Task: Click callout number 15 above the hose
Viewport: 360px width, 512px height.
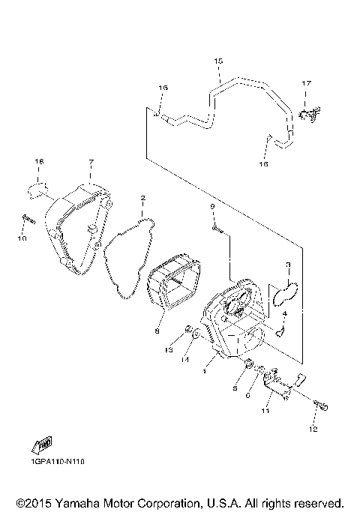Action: point(218,60)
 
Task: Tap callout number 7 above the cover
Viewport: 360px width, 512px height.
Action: point(90,163)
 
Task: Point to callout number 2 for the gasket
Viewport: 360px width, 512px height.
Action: point(142,199)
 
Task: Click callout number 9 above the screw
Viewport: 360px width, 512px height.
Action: point(212,206)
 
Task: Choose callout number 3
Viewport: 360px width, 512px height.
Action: point(287,265)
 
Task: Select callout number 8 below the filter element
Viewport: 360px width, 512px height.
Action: point(157,330)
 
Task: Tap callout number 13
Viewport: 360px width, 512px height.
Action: point(169,350)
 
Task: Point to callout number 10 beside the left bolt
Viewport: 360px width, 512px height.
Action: point(22,238)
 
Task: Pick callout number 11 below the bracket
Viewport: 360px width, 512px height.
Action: point(265,412)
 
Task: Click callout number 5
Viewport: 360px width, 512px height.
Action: point(235,389)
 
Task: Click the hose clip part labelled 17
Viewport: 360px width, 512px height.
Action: point(307,113)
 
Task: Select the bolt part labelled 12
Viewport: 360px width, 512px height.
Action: point(321,405)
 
